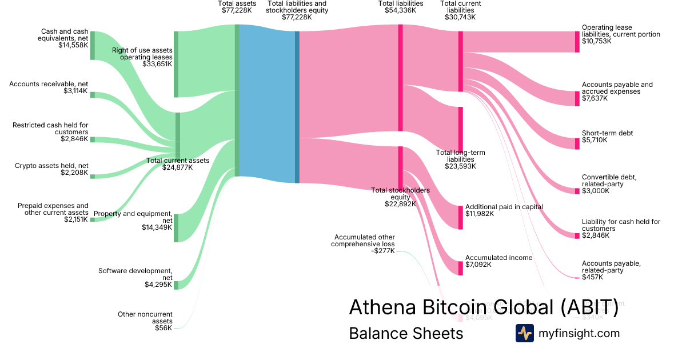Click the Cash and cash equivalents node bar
pos(93,46)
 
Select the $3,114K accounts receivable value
pos(75,91)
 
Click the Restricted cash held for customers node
pos(93,139)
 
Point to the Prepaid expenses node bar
pos(93,219)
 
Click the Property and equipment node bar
pos(176,228)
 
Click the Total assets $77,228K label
pos(234,7)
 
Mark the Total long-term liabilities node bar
pos(460,129)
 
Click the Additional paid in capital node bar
pos(460,217)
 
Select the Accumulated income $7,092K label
pos(498,261)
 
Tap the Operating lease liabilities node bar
pos(577,42)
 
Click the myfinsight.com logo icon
pos(524,333)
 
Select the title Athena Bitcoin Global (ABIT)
pos(483,307)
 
